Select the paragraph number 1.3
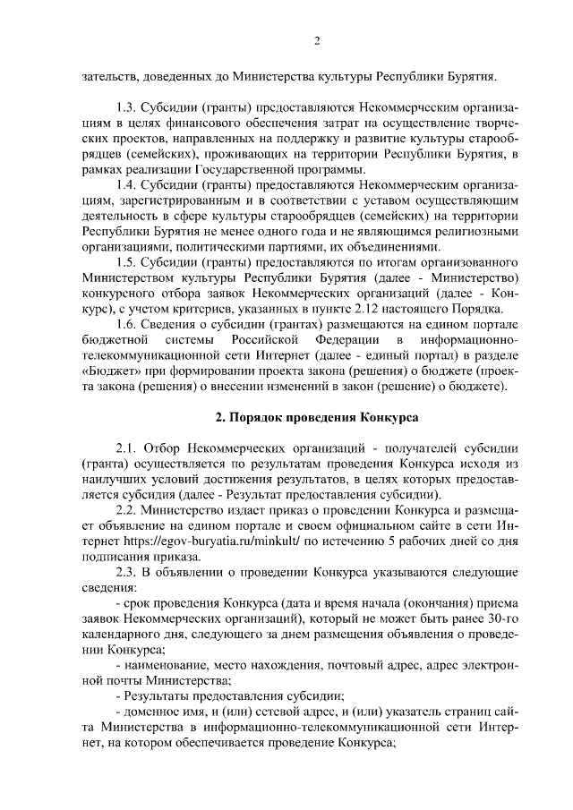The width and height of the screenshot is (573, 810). click(130, 107)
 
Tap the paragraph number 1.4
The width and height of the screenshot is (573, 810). click(130, 183)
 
